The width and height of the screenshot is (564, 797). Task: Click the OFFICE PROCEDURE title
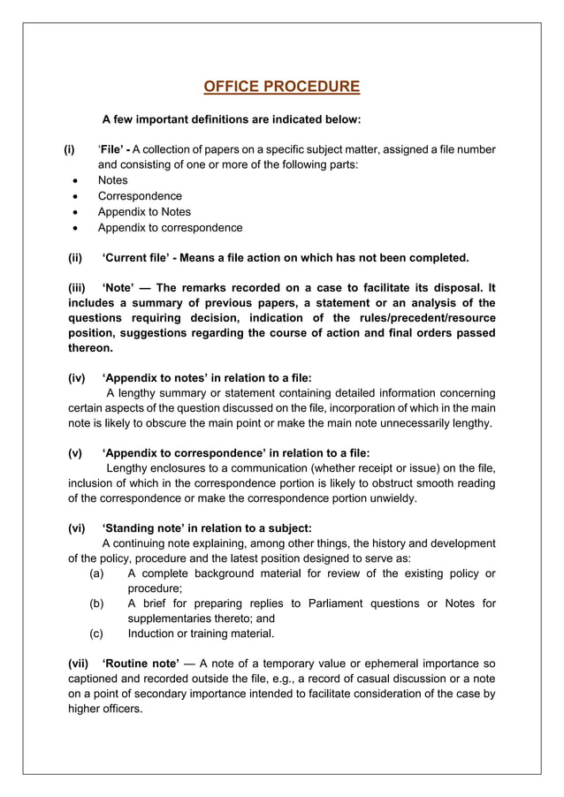point(281,87)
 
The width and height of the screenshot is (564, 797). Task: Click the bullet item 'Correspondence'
point(140,196)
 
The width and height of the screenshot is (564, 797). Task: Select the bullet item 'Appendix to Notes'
point(144,212)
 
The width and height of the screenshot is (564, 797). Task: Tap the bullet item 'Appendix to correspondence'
point(170,228)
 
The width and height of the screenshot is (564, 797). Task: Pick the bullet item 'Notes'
point(112,180)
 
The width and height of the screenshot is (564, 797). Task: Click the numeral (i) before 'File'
point(69,149)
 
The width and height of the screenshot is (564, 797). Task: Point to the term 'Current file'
point(137,258)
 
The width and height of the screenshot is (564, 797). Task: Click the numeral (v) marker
point(76,453)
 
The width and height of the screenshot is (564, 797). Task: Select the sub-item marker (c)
point(98,634)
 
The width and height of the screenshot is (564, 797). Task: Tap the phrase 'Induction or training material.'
point(201,634)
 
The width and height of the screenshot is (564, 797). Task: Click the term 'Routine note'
point(141,664)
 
